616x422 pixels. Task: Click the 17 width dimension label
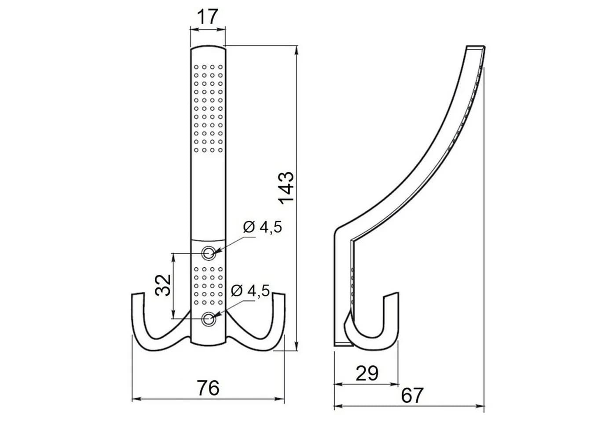[x=208, y=17]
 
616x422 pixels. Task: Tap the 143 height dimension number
[x=286, y=188]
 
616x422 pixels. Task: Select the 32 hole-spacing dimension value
[x=163, y=285]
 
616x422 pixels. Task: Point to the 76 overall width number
[x=208, y=388]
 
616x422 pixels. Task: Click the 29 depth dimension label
[x=367, y=373]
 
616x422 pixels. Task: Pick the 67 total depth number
[x=412, y=396]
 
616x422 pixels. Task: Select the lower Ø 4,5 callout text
[x=250, y=291]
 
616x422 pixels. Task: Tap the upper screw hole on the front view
[x=209, y=252]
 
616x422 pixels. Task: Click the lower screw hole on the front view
[x=209, y=319]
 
